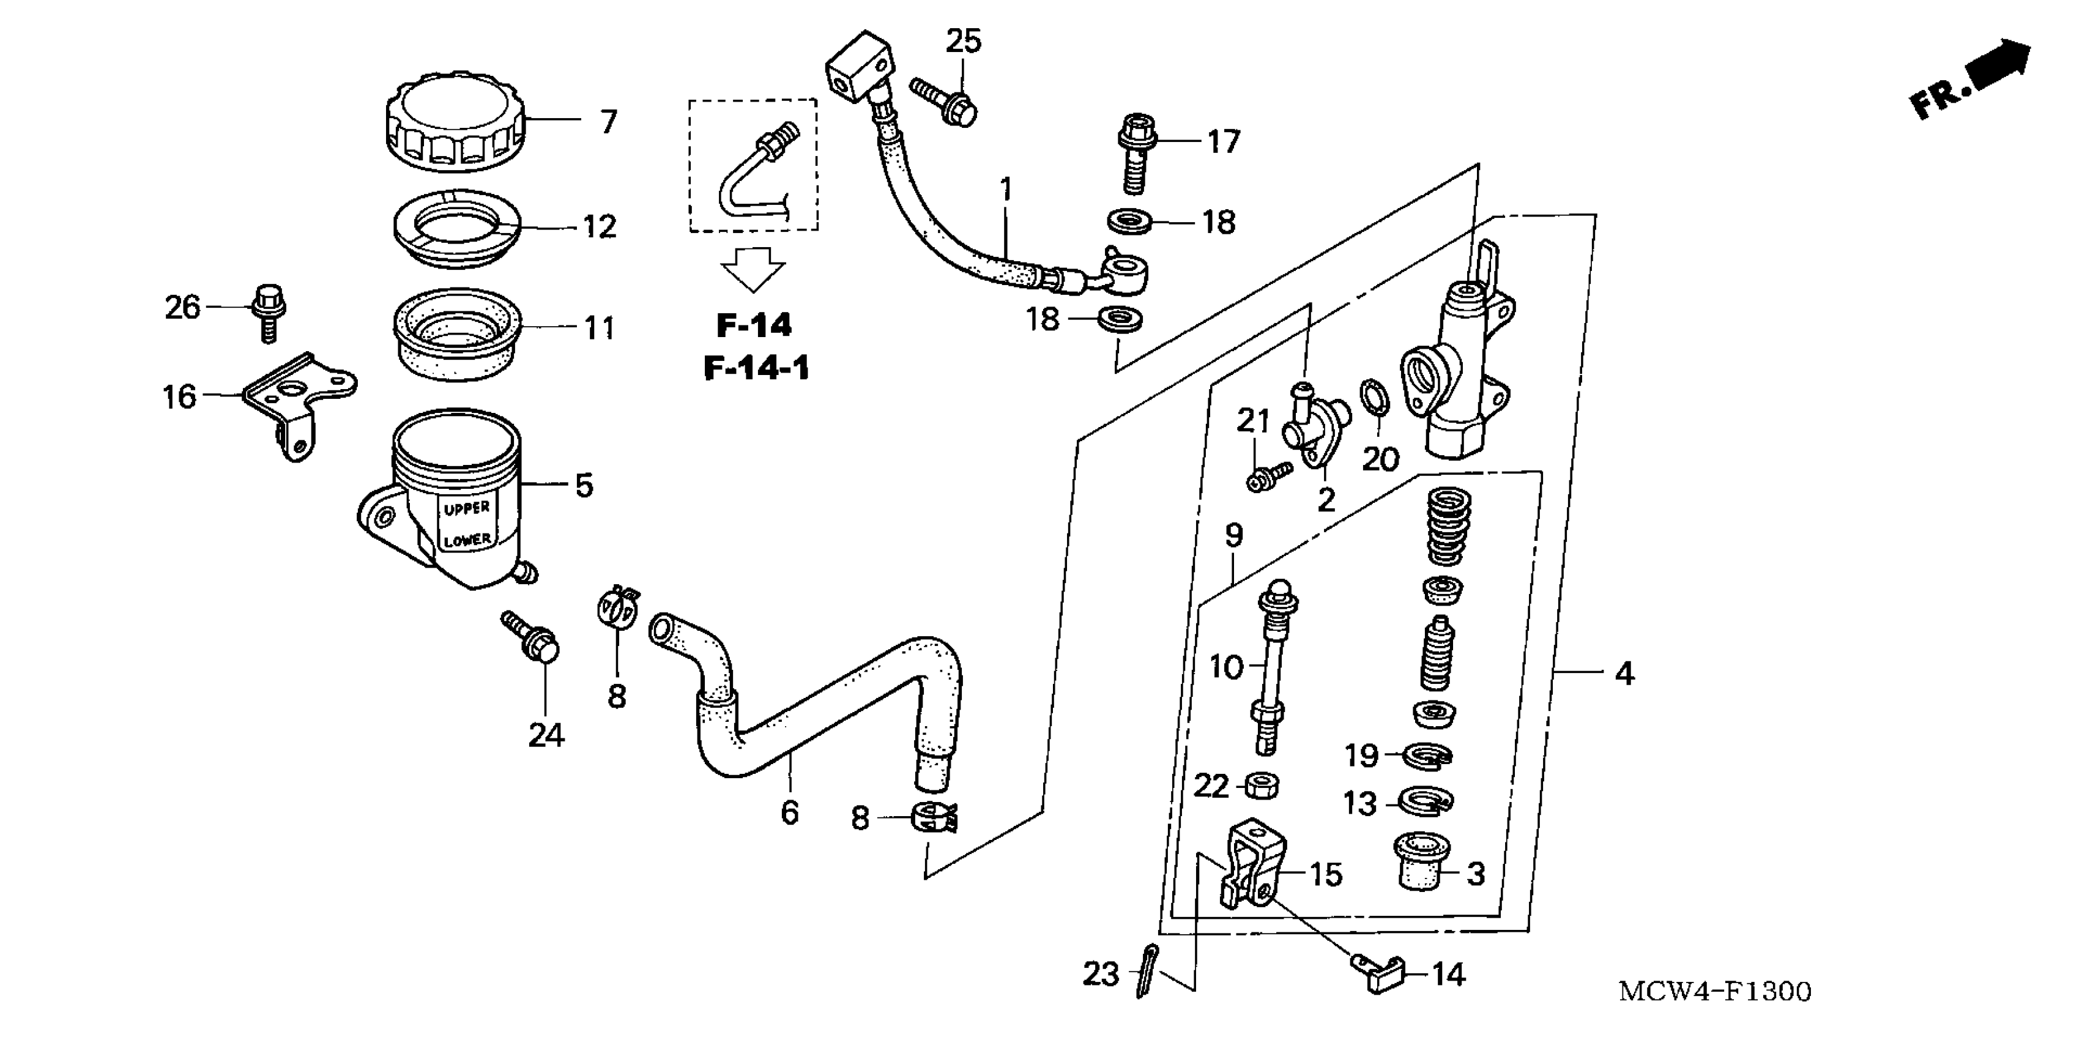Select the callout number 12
click(600, 226)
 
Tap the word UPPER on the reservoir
click(466, 508)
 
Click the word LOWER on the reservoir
click(467, 539)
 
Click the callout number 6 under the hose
click(790, 812)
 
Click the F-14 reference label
click(754, 325)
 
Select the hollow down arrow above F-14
click(753, 269)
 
